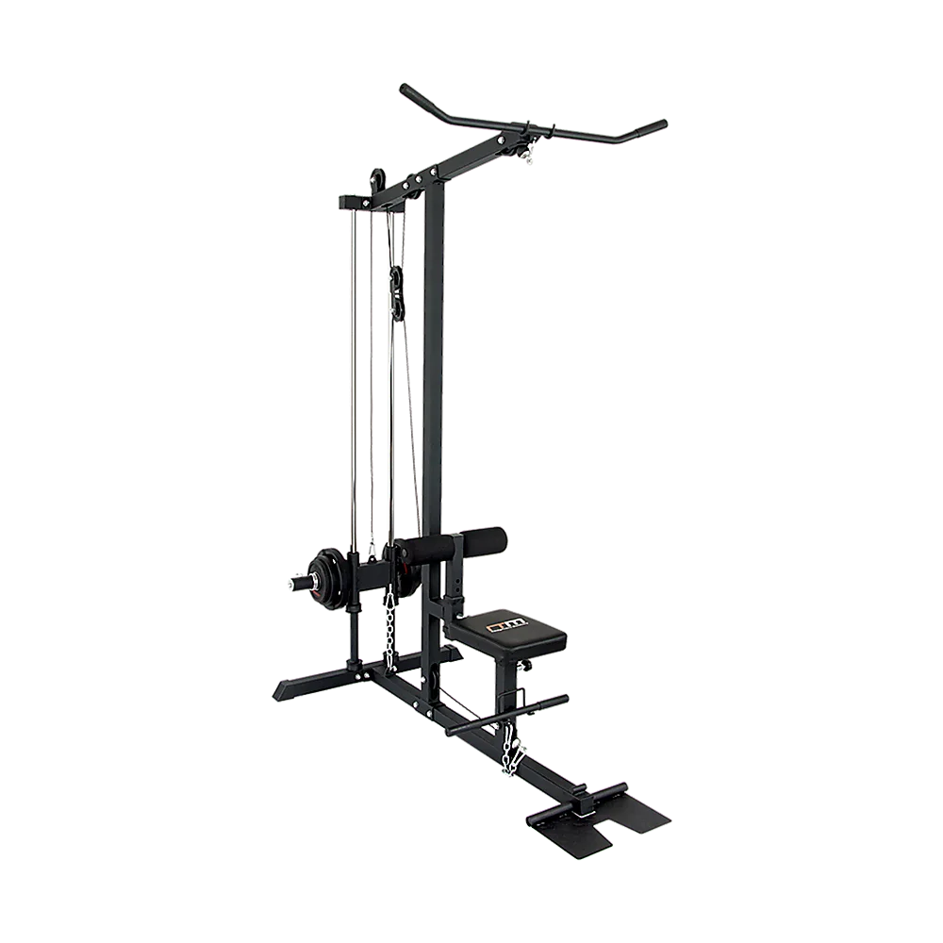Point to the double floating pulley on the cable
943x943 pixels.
[x=397, y=292]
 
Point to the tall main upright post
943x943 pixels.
[x=434, y=377]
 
